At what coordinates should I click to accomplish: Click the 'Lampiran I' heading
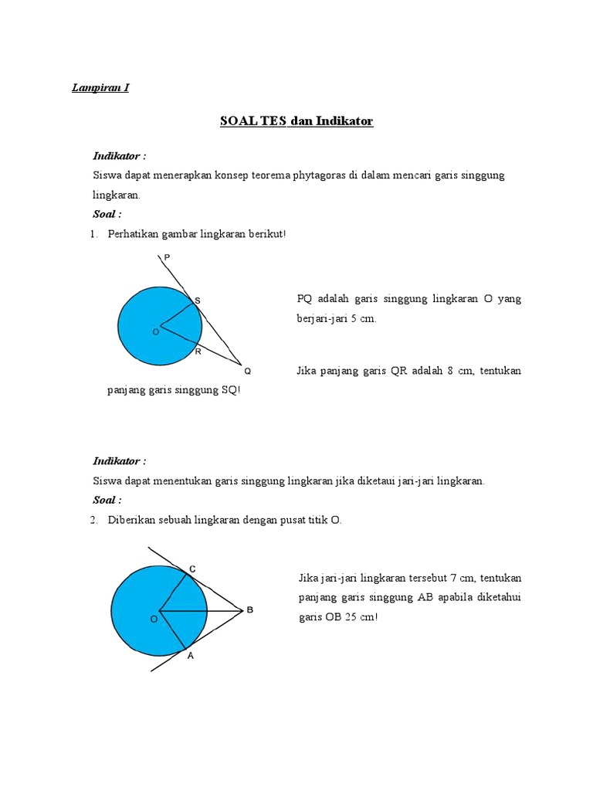(100, 88)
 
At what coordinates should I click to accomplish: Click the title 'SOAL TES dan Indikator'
(296, 121)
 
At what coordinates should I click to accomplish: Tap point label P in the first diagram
(168, 257)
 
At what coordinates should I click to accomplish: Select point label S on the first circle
(196, 300)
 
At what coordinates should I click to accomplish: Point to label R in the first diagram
(198, 351)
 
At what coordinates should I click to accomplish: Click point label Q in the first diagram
(247, 371)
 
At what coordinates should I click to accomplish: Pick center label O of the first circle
(155, 331)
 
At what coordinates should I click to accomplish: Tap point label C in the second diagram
(192, 569)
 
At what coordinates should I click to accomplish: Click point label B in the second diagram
(249, 610)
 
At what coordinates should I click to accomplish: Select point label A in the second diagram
(191, 656)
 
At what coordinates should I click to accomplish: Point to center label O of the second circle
(153, 619)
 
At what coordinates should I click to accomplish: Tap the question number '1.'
(94, 233)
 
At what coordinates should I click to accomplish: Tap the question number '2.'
(94, 521)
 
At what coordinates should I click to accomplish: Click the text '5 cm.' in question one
(364, 319)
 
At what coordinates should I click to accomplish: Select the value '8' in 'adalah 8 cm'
(449, 371)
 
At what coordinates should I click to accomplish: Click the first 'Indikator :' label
(120, 156)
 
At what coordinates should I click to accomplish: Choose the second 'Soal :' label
(107, 501)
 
